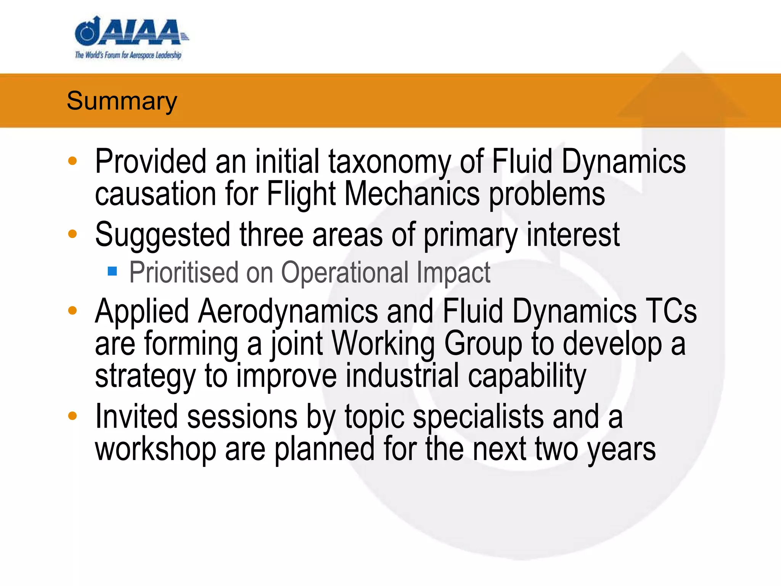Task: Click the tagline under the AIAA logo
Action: coord(128,55)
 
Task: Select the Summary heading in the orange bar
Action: coord(122,101)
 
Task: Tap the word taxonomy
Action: coord(389,162)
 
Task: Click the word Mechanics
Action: coord(412,194)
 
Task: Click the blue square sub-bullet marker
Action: coord(112,271)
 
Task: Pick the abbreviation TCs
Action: coord(671,311)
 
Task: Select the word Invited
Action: coord(137,417)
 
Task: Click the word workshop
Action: coord(156,449)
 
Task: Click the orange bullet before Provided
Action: coord(72,161)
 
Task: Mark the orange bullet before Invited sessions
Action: coord(72,415)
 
